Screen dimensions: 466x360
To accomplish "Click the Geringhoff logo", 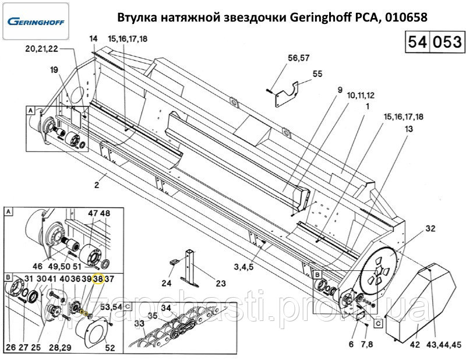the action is (36, 22).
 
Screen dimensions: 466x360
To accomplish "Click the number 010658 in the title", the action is (406, 17).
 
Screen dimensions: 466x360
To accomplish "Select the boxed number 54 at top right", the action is (418, 41).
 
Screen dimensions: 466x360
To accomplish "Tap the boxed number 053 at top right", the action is (447, 41).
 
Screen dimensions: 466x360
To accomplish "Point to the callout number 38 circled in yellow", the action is (98, 279).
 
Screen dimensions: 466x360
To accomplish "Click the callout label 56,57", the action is (299, 58).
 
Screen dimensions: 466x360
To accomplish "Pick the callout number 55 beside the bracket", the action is (317, 74).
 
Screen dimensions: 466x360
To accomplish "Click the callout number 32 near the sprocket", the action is (430, 228).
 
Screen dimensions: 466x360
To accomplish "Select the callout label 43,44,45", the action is (444, 344).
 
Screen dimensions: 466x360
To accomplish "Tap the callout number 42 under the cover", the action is (415, 344).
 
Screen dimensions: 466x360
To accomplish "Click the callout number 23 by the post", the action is (221, 283).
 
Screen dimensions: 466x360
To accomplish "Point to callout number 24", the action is (167, 283).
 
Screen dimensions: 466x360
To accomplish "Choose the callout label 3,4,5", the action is (243, 267).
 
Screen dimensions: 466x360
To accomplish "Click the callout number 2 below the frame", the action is (97, 185).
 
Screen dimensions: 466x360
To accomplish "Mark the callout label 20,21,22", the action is (41, 49).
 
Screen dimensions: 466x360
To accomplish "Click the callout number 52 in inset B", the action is (110, 347).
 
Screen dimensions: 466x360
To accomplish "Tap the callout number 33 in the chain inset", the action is (139, 323).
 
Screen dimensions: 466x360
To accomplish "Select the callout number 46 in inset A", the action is (37, 266).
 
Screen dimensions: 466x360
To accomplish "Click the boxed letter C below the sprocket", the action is (378, 323).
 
